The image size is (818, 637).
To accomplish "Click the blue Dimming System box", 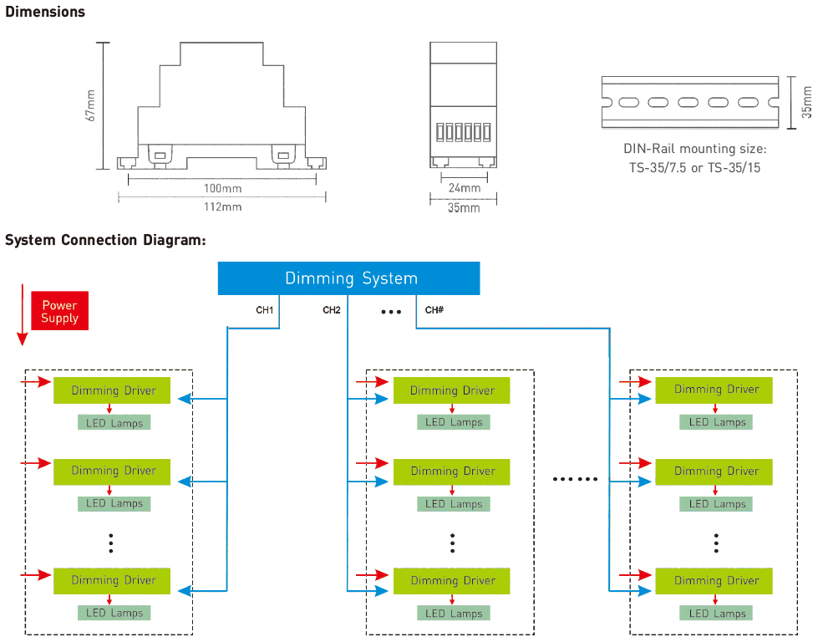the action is click(348, 278).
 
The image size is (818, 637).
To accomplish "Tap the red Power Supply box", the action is click(60, 311).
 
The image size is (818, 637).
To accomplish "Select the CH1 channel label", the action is click(265, 310).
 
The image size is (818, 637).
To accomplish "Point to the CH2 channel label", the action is click(331, 310).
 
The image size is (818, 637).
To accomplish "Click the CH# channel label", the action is click(434, 310).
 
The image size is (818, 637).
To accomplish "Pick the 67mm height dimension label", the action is click(90, 106).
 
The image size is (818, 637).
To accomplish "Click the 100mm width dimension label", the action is click(223, 188).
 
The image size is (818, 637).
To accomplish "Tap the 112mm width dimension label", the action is click(223, 206).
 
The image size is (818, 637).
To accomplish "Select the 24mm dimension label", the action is click(465, 188).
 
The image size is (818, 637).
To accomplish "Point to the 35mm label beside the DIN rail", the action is click(807, 102).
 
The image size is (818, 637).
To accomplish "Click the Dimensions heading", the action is click(45, 12).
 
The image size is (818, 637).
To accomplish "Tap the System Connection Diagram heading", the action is click(105, 240).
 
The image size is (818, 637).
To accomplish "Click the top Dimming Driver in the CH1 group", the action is click(112, 390).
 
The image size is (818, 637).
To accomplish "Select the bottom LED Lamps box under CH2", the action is click(454, 613).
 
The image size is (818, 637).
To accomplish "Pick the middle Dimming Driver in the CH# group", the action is click(714, 471).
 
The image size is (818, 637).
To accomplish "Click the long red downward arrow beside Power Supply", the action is click(22, 315).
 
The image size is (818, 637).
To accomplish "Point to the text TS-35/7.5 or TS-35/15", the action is click(695, 167).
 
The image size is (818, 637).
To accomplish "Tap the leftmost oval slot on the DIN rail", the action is click(628, 102).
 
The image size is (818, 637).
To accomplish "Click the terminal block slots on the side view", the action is click(463, 132).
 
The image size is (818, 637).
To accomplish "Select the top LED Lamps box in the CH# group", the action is click(716, 422).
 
